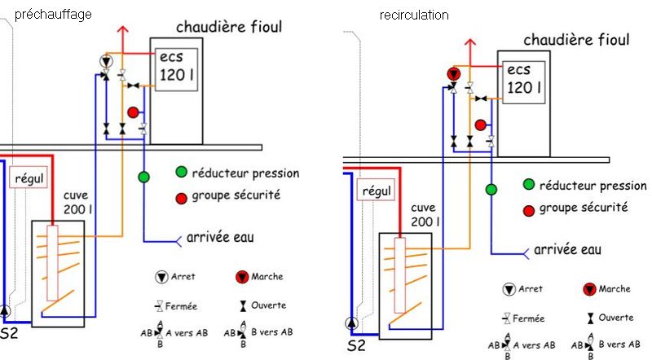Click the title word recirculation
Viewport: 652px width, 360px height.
point(414,15)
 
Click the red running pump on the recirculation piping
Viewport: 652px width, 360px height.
point(453,75)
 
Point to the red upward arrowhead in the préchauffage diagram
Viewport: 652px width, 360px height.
point(124,32)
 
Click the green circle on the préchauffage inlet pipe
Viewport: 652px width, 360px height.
point(143,177)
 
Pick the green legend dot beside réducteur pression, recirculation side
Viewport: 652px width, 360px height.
point(529,186)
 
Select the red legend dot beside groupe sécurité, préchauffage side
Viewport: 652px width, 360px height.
point(180,196)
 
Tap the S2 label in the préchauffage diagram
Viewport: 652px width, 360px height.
point(9,333)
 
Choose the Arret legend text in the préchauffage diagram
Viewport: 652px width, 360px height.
point(183,277)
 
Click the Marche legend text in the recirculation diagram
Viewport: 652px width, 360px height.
point(615,289)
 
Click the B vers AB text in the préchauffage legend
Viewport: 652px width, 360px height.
point(268,331)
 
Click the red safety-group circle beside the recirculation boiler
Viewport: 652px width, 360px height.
point(481,125)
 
